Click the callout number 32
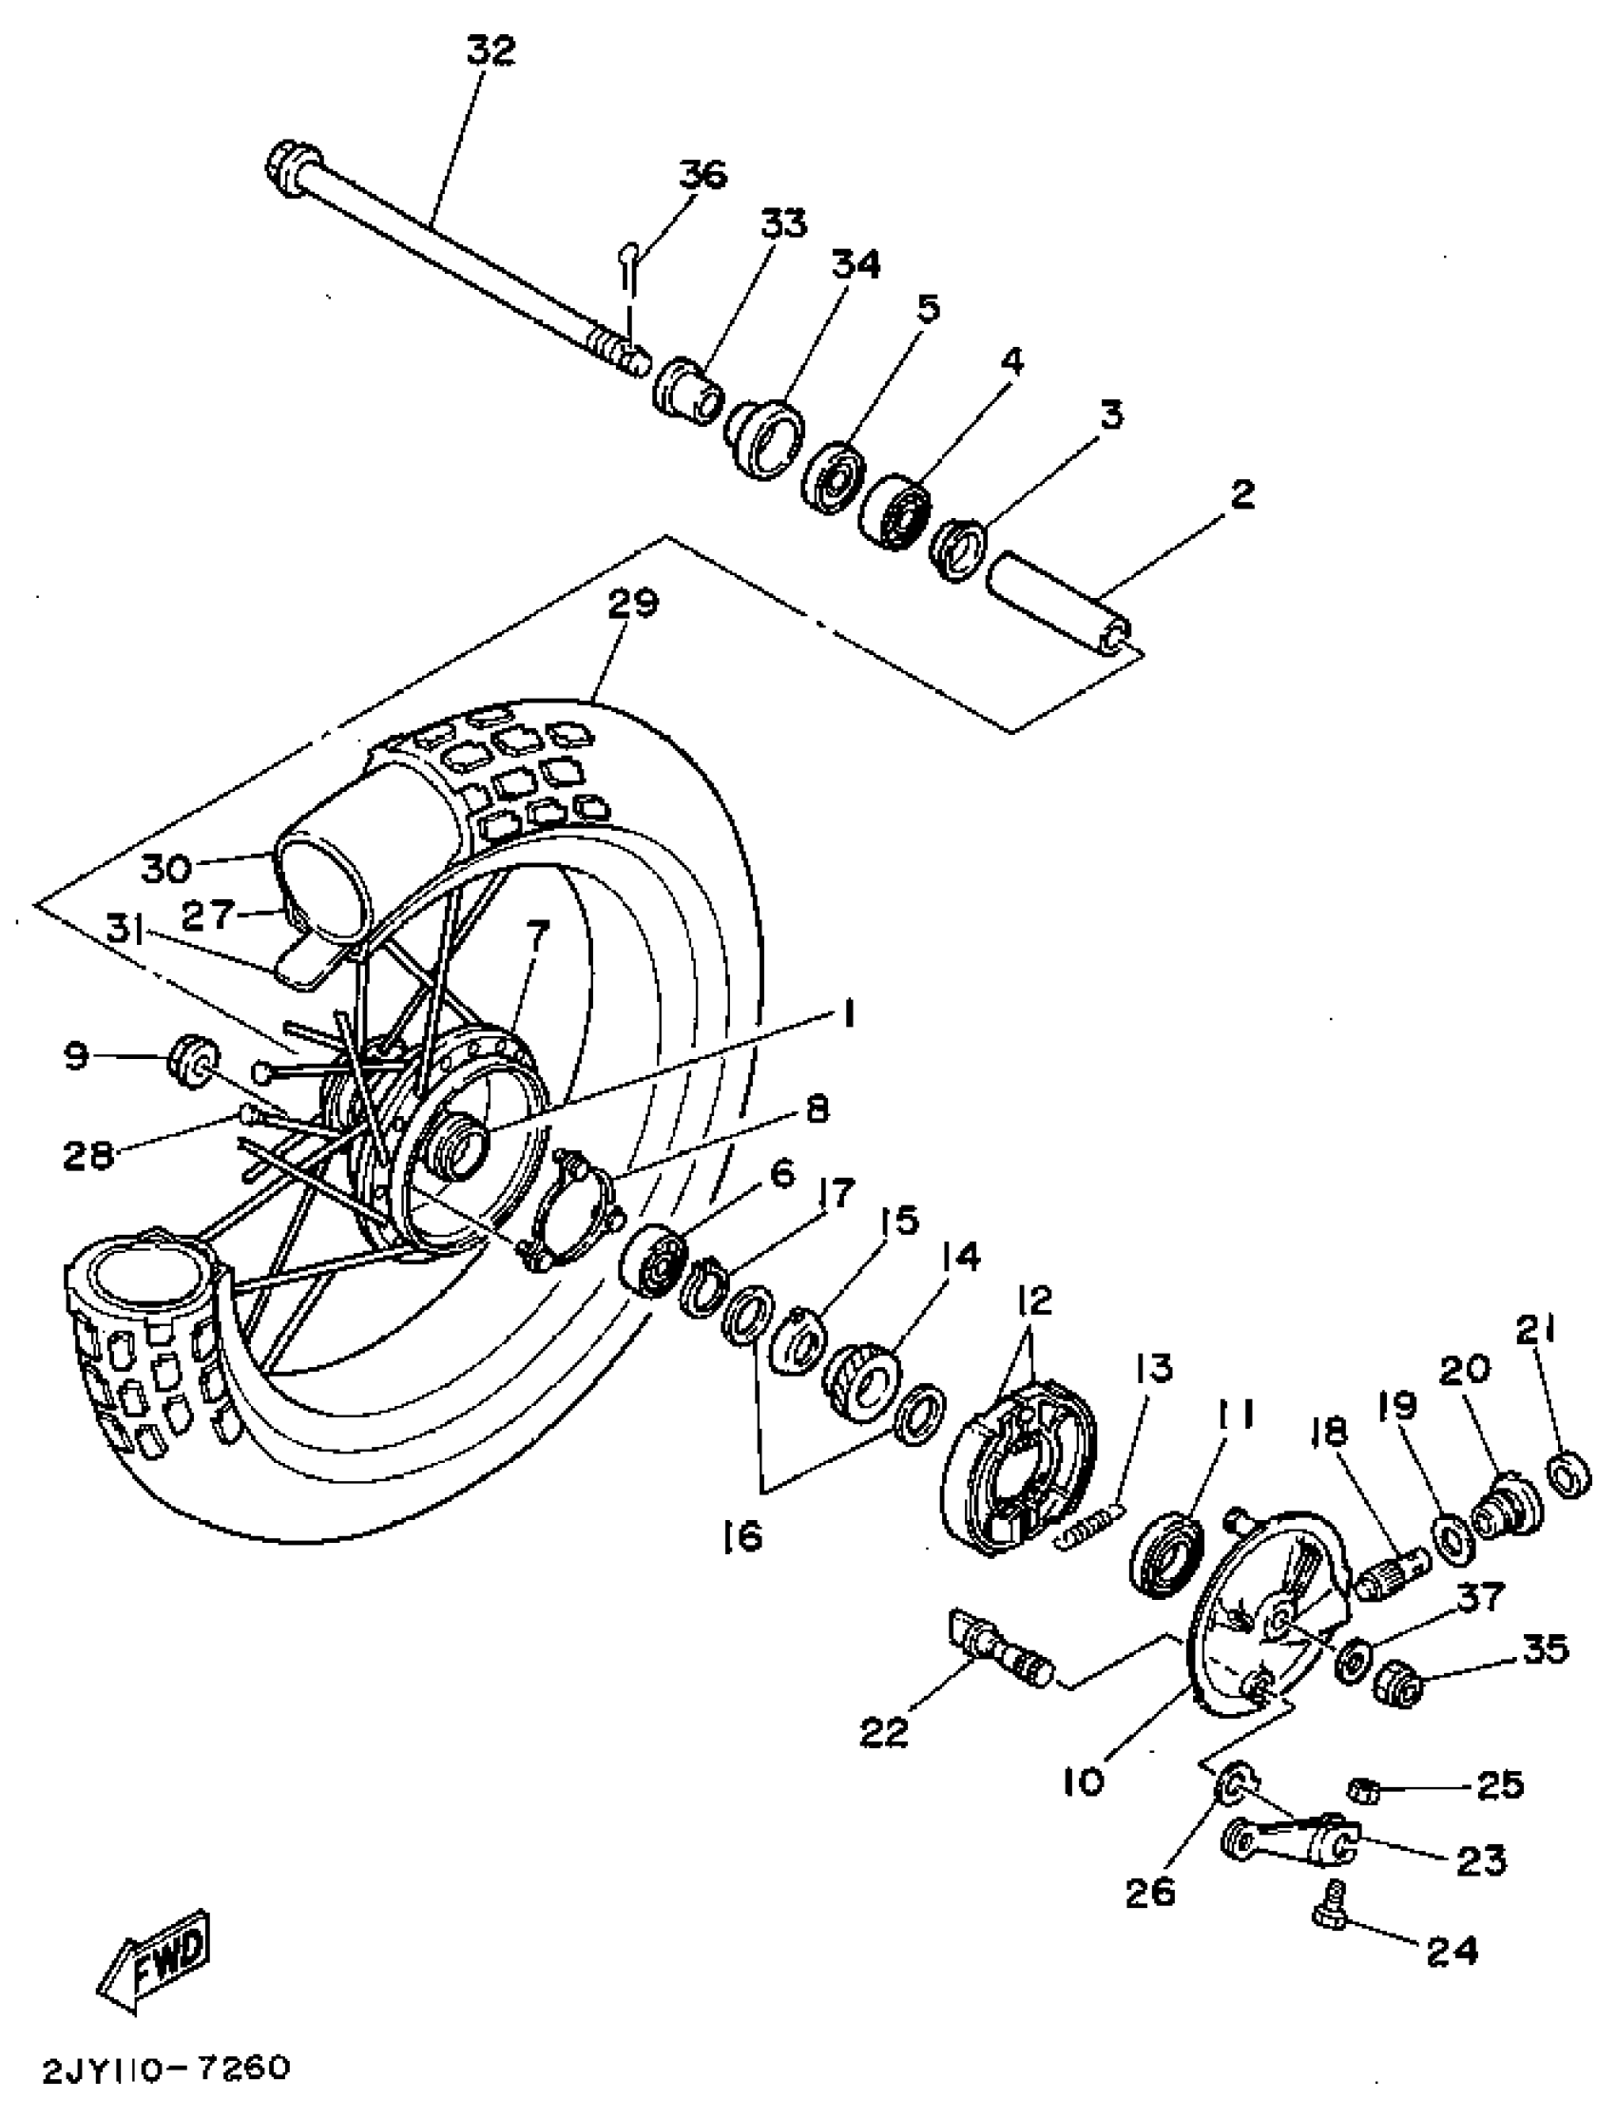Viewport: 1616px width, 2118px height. coord(491,50)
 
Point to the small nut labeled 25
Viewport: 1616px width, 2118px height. coord(1364,1790)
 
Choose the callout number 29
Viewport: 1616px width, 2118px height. coord(633,604)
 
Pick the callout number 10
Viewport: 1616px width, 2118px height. coord(1084,1782)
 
